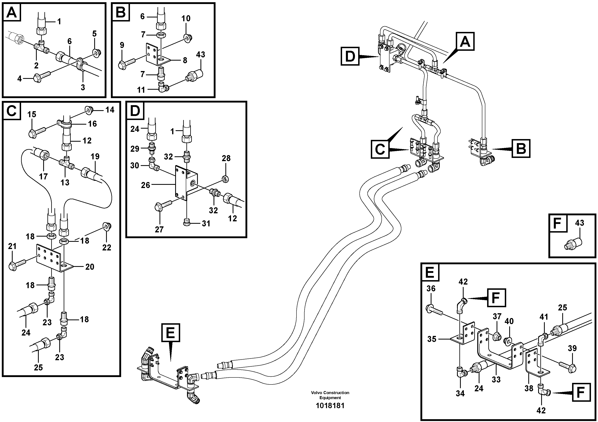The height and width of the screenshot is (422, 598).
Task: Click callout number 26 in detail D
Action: (146, 185)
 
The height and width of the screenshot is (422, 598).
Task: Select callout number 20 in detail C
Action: (90, 267)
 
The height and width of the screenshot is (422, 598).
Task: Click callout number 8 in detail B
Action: (185, 60)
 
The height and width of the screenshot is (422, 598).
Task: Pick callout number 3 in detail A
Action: (83, 87)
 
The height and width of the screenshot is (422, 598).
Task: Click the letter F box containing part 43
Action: (558, 223)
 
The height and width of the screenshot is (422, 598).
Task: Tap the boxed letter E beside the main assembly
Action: (170, 333)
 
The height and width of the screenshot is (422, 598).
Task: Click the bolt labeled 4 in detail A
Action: (39, 77)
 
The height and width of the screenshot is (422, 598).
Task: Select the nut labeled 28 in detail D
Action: (226, 178)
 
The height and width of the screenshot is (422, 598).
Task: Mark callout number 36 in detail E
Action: (431, 288)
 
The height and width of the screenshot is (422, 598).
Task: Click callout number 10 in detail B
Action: (186, 18)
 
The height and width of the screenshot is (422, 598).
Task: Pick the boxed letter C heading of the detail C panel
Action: (12, 111)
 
